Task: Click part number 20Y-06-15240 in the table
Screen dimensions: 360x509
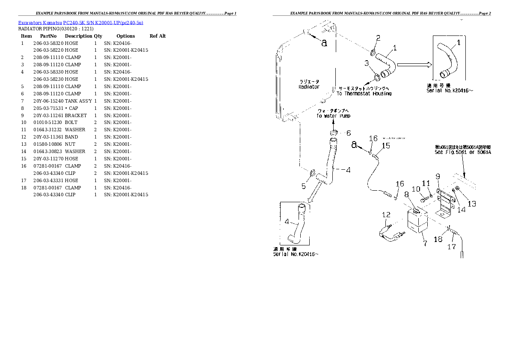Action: (48, 101)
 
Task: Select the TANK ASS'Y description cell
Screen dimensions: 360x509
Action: (78, 101)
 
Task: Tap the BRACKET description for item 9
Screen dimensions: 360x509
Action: (76, 115)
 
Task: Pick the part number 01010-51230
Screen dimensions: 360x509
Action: (46, 123)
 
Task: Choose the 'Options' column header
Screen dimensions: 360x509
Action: (125, 36)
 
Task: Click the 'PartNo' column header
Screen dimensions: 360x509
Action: (48, 36)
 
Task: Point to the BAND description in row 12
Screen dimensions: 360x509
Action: (71, 137)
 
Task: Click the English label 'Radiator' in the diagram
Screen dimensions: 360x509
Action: (309, 87)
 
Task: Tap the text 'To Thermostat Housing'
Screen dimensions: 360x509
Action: (364, 94)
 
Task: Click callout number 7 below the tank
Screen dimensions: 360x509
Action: (425, 244)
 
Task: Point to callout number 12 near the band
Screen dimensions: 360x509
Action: (386, 215)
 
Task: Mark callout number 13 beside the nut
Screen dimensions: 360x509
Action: (471, 204)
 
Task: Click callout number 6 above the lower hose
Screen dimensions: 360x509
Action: (348, 133)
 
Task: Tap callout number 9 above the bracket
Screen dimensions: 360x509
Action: (438, 176)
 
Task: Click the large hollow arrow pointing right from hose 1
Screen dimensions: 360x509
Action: (414, 65)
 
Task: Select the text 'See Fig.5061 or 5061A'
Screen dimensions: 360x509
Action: (462, 152)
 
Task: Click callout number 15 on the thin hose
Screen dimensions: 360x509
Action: (386, 146)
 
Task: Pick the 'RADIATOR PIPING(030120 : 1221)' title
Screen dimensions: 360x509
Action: (56, 29)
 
